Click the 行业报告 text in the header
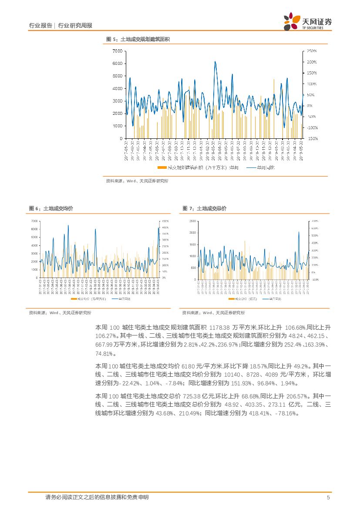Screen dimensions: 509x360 click(x=40, y=26)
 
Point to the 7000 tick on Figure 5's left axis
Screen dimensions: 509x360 click(x=118, y=51)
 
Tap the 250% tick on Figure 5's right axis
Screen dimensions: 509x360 click(x=311, y=51)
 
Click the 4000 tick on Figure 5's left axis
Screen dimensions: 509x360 click(x=118, y=88)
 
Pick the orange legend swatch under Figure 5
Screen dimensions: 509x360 click(x=161, y=167)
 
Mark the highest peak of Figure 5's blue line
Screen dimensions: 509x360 click(x=215, y=62)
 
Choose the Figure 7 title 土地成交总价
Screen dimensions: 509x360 click(x=212, y=209)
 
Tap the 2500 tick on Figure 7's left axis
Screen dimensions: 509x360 click(x=192, y=221)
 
